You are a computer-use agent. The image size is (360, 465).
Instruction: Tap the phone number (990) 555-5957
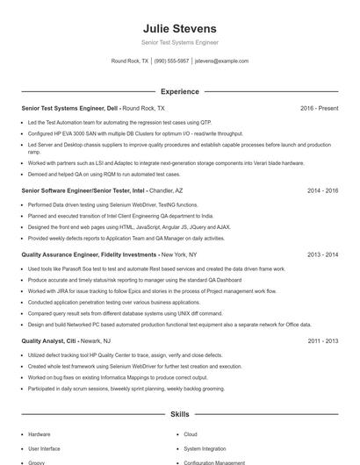pyautogui.click(x=171, y=61)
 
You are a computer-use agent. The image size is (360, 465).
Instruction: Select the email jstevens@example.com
pyautogui.click(x=222, y=61)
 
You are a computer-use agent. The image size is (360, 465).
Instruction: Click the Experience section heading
pyautogui.click(x=179, y=91)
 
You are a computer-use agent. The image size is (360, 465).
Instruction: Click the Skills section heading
pyautogui.click(x=179, y=413)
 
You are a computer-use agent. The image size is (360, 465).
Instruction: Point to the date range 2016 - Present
pyautogui.click(x=319, y=108)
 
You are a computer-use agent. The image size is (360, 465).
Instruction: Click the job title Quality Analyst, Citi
pyautogui.click(x=49, y=340)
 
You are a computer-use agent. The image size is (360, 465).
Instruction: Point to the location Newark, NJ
pyautogui.click(x=95, y=340)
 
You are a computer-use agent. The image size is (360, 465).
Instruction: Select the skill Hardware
pyautogui.click(x=40, y=434)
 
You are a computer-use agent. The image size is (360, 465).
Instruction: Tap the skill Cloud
pyautogui.click(x=191, y=434)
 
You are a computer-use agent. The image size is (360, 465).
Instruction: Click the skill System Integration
pyautogui.click(x=205, y=448)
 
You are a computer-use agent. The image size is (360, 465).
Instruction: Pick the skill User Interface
pyautogui.click(x=44, y=448)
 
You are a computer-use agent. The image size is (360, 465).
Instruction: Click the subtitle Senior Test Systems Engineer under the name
pyautogui.click(x=179, y=42)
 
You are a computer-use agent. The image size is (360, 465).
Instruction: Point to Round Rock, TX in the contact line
pyautogui.click(x=130, y=61)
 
